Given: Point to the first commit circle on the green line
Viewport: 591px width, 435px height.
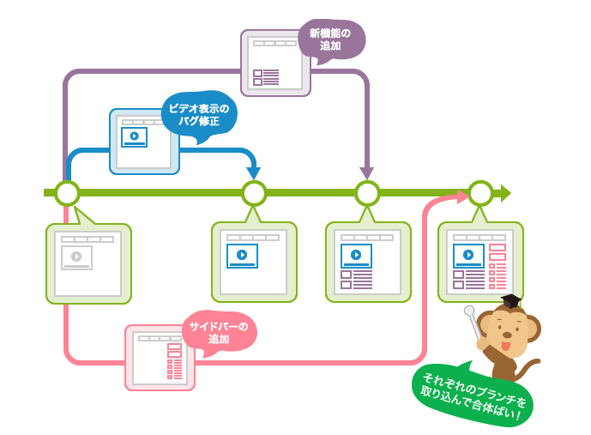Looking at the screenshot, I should click(x=67, y=193).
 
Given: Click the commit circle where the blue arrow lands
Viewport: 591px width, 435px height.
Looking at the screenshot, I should click(x=254, y=193).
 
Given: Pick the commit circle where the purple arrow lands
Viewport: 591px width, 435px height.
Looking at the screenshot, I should click(x=367, y=193).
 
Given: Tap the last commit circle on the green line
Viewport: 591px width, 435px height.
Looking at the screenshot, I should click(x=480, y=193).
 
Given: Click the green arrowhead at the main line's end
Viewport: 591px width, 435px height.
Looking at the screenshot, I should click(x=505, y=193).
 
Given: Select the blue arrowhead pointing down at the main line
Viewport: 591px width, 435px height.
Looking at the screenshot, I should click(x=253, y=173).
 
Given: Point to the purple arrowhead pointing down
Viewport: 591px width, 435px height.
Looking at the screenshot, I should click(x=367, y=173).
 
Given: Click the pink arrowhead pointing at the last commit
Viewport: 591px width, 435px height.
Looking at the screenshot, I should click(x=463, y=197).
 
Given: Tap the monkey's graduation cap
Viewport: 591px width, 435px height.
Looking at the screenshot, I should click(x=511, y=300).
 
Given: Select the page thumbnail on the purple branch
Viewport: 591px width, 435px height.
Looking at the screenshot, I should click(x=274, y=63).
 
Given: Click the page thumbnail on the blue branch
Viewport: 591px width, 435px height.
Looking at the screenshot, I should click(x=143, y=142).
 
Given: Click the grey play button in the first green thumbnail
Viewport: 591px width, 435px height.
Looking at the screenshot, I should click(x=76, y=256).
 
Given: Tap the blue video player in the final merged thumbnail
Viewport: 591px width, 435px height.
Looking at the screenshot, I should click(x=468, y=255).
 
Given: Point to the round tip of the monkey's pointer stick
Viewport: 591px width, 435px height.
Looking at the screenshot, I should click(x=469, y=311).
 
